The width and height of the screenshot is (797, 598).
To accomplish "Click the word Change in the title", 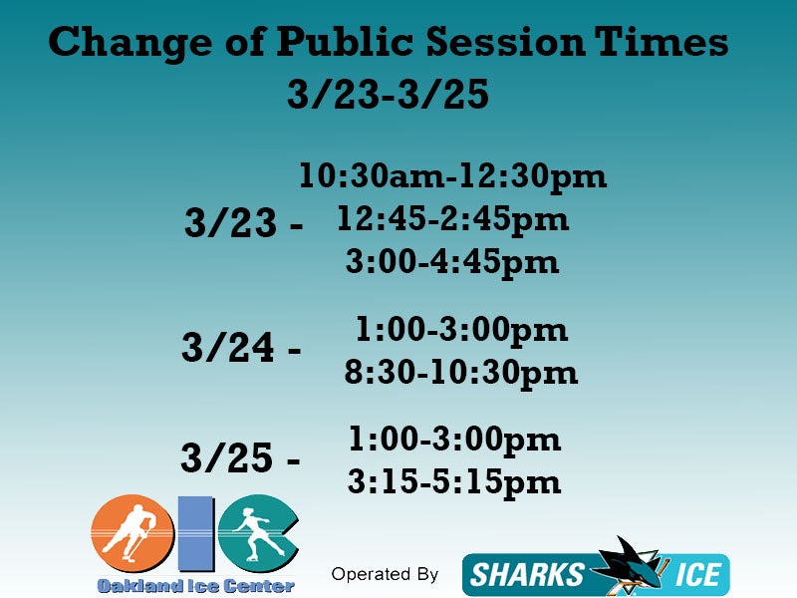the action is tap(131, 43).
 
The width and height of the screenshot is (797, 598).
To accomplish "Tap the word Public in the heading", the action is tap(344, 41).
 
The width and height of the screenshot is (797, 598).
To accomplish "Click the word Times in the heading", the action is tap(662, 41).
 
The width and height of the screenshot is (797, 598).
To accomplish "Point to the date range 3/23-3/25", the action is tap(388, 94).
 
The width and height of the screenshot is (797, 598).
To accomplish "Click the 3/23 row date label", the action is tap(230, 222).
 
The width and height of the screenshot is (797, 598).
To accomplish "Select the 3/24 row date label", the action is tap(228, 347).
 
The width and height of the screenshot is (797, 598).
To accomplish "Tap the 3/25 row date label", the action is tap(227, 457).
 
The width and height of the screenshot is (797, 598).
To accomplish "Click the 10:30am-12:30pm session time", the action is tap(453, 177).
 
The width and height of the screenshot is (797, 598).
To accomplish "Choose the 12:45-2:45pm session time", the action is tap(453, 219).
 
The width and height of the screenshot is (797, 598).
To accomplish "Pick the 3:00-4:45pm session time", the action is tap(452, 263).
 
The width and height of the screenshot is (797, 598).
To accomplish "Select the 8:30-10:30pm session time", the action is tap(461, 373).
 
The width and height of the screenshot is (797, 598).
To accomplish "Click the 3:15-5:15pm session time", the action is tap(454, 481).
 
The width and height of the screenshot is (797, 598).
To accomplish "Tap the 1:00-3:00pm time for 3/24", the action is tap(461, 330).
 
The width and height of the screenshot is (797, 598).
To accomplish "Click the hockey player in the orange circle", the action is tap(129, 532).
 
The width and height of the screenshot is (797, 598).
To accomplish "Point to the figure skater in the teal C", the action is tap(258, 532).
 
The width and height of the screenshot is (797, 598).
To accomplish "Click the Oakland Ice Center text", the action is tap(195, 586).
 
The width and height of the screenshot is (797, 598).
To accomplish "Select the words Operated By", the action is tap(385, 574).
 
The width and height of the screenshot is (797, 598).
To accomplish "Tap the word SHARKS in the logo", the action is tap(527, 575).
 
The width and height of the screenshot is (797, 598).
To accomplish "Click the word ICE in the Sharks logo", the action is tap(697, 575).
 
